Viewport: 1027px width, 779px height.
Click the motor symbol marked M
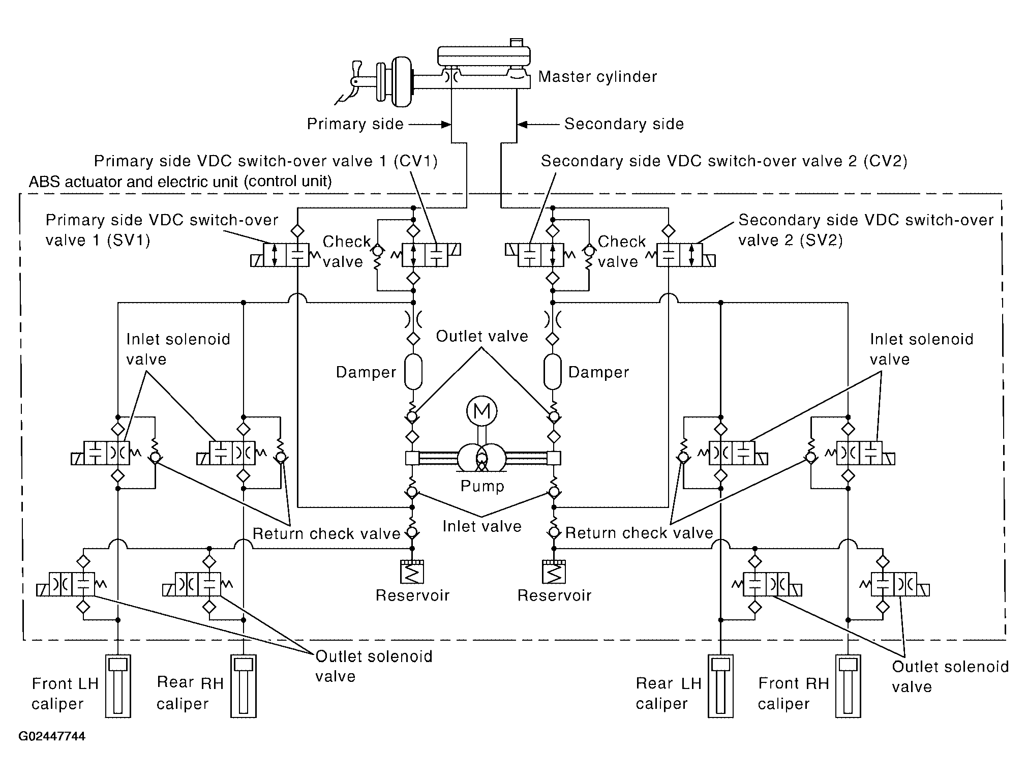pyautogui.click(x=481, y=411)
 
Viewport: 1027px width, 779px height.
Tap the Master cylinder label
pyautogui.click(x=597, y=77)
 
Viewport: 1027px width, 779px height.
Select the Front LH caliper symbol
pyautogui.click(x=118, y=685)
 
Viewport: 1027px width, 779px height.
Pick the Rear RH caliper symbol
pyautogui.click(x=244, y=685)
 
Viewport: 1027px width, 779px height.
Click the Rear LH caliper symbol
pyautogui.click(x=720, y=685)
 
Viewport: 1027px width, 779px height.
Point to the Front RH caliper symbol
pyautogui.click(x=848, y=685)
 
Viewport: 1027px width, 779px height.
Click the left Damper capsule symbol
pyautogui.click(x=413, y=372)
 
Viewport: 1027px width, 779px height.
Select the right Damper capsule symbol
pyautogui.click(x=553, y=372)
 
